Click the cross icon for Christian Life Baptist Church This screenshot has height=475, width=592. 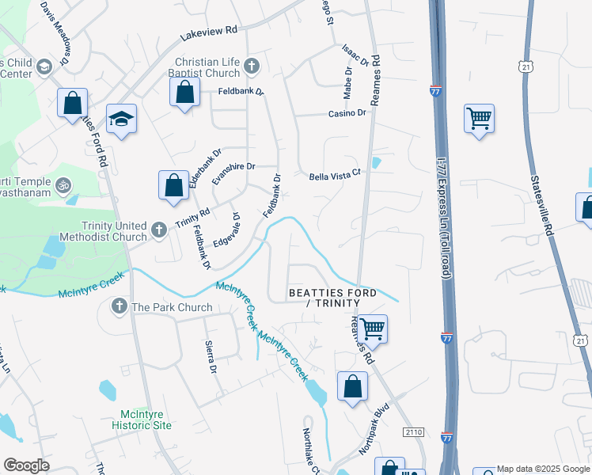click(x=252, y=66)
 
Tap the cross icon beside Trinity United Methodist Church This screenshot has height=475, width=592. click(x=158, y=230)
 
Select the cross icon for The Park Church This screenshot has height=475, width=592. click(x=120, y=306)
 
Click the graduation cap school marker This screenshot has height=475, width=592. click(x=120, y=119)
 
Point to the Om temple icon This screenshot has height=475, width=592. click(x=63, y=186)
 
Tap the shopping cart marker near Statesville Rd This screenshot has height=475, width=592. click(x=479, y=120)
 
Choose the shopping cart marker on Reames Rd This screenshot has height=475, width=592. click(x=371, y=329)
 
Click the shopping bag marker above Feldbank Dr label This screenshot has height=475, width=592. click(x=184, y=92)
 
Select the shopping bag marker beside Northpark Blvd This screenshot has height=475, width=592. click(x=352, y=387)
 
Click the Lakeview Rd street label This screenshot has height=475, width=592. click(x=208, y=30)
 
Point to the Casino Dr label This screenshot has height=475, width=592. click(x=347, y=114)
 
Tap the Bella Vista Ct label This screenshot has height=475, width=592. click(x=334, y=172)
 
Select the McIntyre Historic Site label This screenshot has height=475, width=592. click(x=145, y=420)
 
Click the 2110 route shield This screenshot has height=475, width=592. click(x=413, y=432)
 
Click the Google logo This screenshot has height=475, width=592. click(x=27, y=465)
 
